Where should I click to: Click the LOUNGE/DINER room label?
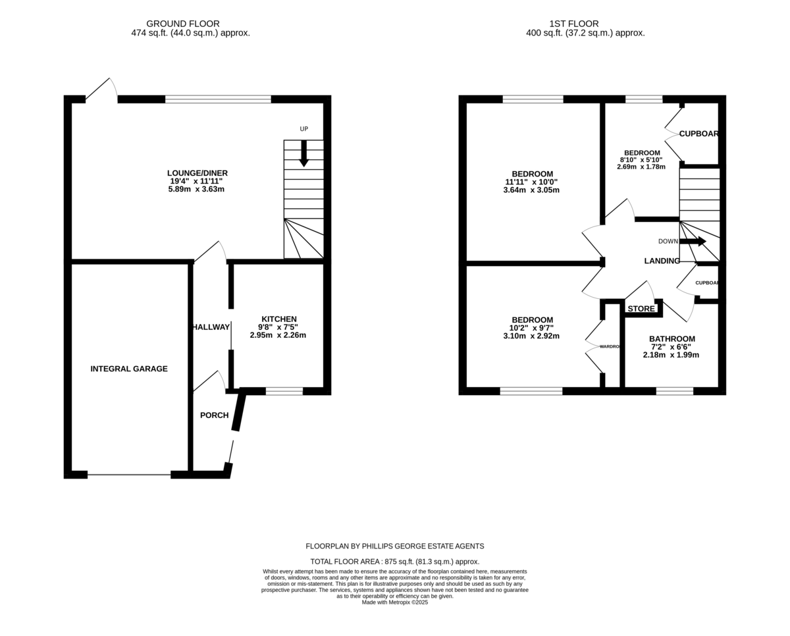click(197, 173)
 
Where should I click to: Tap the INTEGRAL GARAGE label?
click(129, 369)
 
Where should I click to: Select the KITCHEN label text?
click(279, 319)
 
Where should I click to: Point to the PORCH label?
click(215, 415)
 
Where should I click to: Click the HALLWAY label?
click(212, 327)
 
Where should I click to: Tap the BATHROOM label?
click(672, 339)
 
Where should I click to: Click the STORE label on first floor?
click(641, 309)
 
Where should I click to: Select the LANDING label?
click(662, 261)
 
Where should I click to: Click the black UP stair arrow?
click(303, 153)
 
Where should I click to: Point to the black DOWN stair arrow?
click(693, 241)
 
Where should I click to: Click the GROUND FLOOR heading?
click(183, 24)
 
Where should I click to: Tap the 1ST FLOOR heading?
click(574, 24)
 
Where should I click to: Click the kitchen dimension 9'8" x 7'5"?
click(278, 327)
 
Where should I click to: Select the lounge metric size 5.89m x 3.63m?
click(196, 190)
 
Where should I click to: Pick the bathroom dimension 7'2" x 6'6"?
click(671, 347)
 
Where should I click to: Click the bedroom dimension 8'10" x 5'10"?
click(641, 160)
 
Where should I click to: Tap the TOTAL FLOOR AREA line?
click(395, 562)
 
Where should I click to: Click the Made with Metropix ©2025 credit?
click(395, 602)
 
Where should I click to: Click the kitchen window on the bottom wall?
click(284, 391)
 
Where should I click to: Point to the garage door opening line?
click(129, 475)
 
